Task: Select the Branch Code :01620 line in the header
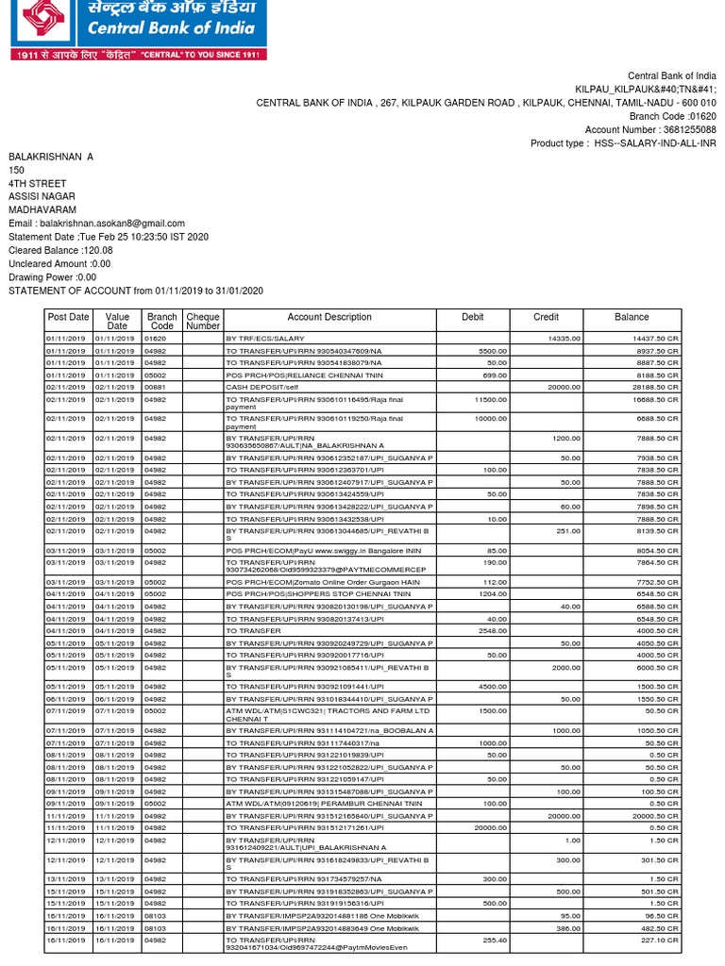click(x=673, y=116)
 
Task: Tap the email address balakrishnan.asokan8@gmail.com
click(x=96, y=224)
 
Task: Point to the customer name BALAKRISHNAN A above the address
click(x=51, y=157)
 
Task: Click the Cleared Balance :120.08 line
click(x=60, y=250)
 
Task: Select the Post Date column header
click(x=68, y=318)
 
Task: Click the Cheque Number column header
click(x=203, y=321)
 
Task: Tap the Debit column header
click(x=473, y=318)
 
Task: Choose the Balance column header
click(x=632, y=318)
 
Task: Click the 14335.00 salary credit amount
click(x=564, y=338)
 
